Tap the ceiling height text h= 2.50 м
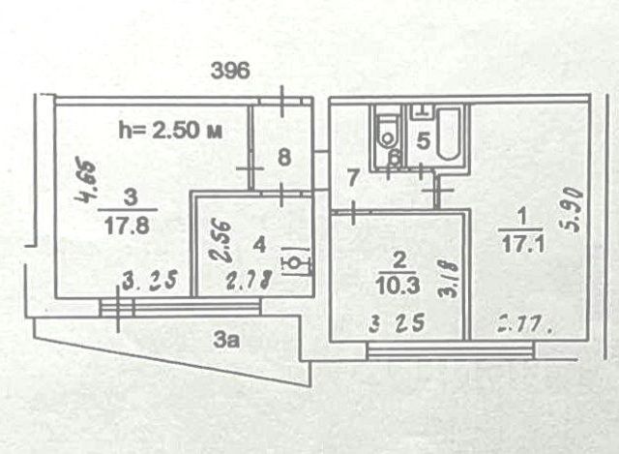[169, 131]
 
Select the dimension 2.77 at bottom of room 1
[522, 324]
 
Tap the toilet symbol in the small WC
[389, 134]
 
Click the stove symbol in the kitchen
[296, 261]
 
